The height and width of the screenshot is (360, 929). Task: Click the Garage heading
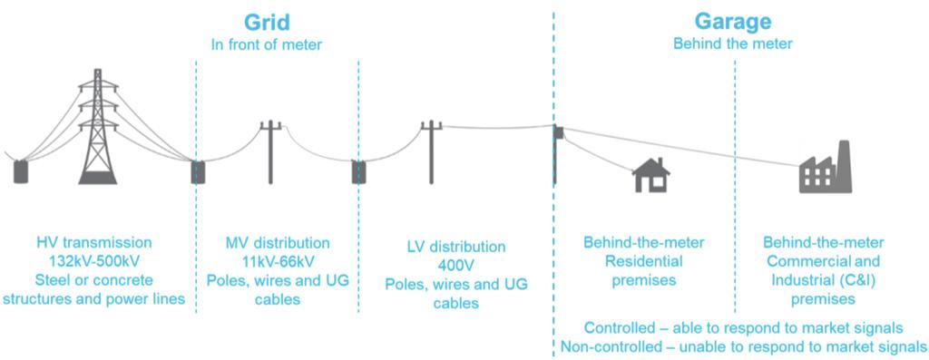coord(733,21)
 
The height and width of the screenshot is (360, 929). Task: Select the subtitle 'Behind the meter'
coord(733,43)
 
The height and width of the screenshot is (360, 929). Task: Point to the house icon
coord(650,175)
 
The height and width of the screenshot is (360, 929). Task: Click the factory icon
coord(825,169)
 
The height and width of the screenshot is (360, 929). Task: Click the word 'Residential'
coord(643,261)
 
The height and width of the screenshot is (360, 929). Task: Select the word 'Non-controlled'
coord(608,346)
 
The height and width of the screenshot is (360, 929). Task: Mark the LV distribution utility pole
coord(432,150)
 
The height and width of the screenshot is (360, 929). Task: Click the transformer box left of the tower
coord(21,171)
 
